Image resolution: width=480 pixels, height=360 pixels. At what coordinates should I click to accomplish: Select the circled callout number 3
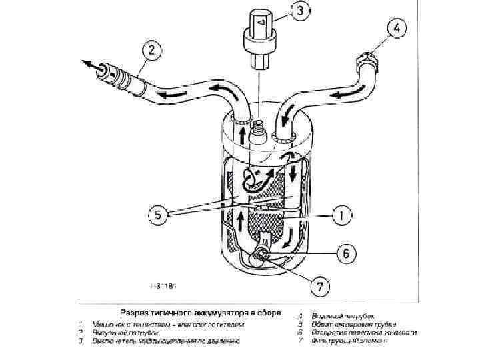(x=300, y=10)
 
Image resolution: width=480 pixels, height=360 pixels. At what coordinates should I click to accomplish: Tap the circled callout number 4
(x=395, y=29)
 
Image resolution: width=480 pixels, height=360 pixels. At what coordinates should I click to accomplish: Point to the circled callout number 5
(x=157, y=215)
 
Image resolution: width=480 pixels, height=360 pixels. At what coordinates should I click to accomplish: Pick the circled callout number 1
(x=341, y=215)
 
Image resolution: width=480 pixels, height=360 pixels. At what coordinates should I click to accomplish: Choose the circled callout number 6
(x=344, y=253)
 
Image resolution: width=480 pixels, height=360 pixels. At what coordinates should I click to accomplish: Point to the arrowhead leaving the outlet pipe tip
(x=87, y=64)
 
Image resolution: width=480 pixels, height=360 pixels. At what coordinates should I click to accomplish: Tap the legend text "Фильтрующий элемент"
(x=359, y=341)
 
